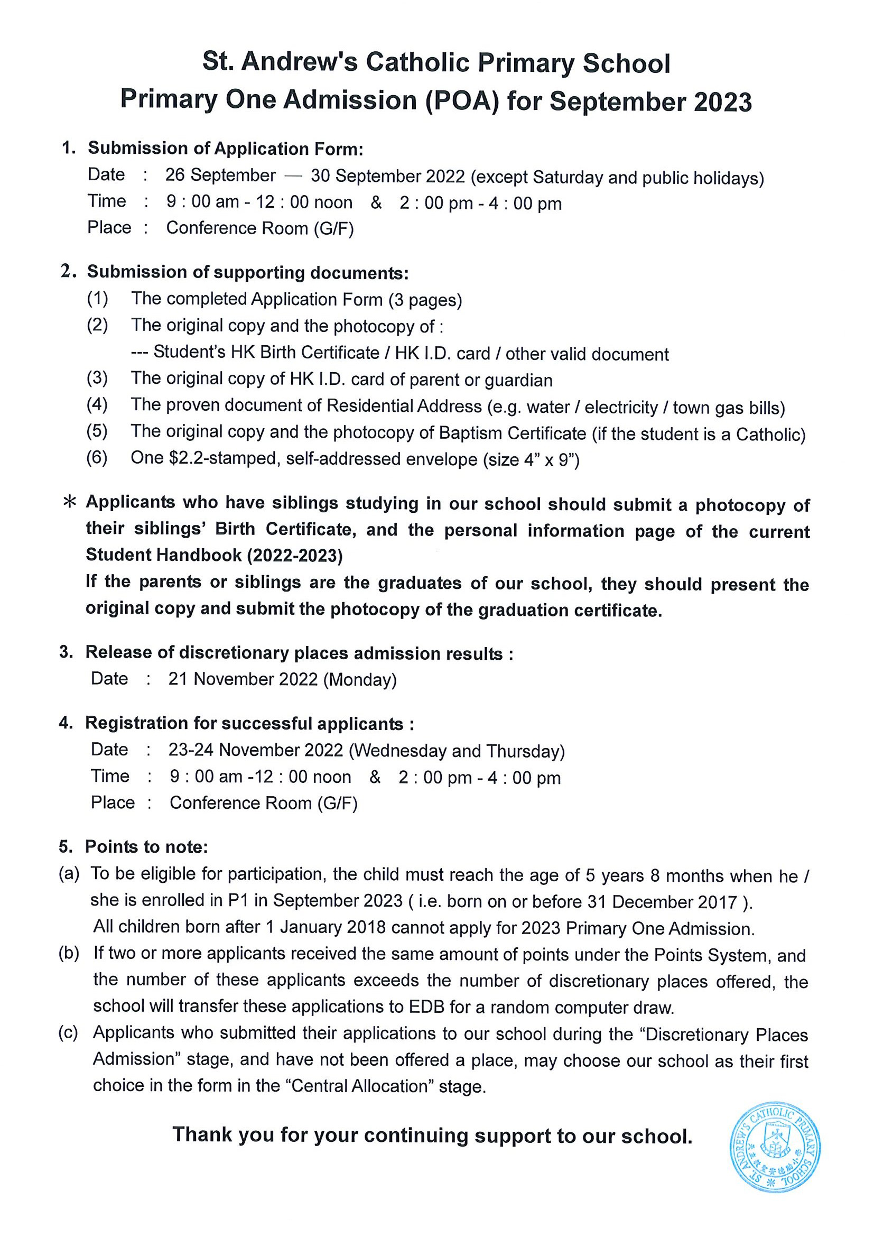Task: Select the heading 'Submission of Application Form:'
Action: click(226, 148)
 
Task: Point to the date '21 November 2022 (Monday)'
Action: click(282, 679)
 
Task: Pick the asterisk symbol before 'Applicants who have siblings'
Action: click(69, 503)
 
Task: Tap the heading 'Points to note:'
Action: click(146, 846)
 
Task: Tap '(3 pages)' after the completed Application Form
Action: click(425, 300)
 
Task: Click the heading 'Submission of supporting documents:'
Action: click(248, 272)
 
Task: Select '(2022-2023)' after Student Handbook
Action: click(294, 555)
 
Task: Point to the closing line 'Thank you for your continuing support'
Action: click(432, 1135)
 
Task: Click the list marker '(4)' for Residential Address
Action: click(97, 404)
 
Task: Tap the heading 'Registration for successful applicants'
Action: click(249, 723)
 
